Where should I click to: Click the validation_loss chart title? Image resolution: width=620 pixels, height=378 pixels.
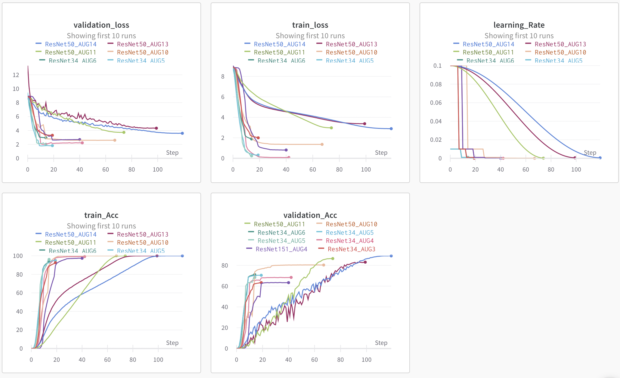pos(101,25)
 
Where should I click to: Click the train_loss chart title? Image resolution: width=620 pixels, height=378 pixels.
pos(310,25)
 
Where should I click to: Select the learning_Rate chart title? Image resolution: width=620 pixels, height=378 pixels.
pos(519,25)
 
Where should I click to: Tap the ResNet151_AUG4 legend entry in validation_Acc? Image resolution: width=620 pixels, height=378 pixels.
pos(281,249)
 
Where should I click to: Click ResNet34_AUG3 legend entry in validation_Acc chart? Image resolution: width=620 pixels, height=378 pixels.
pos(351,249)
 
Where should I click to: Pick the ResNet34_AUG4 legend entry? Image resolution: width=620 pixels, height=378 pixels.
pos(349,241)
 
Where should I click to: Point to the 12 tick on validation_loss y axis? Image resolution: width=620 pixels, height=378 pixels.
pos(16,75)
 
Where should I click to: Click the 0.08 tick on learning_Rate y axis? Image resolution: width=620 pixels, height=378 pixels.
pos(436,84)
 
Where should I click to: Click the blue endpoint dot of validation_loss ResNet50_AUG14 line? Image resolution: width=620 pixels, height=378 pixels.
pos(182,133)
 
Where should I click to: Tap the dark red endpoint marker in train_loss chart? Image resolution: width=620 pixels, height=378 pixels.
pos(364,124)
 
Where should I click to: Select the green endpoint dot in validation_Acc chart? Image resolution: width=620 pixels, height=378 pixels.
pos(333,259)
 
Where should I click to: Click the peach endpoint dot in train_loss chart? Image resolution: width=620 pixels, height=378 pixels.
pos(322,144)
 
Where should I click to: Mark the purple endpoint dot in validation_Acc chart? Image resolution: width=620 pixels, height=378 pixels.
pos(288,283)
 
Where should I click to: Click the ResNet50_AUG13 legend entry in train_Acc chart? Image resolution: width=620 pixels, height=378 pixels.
pos(142,234)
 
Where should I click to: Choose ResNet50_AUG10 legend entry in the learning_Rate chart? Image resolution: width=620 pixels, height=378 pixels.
pos(560,52)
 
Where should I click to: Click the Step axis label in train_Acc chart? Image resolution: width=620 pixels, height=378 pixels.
pos(172,343)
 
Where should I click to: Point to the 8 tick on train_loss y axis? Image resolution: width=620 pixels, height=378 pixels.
pos(223,76)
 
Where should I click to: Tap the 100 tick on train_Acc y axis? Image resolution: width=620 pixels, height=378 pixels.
pos(18,256)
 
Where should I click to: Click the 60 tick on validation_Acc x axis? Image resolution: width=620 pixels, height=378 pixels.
pos(314,360)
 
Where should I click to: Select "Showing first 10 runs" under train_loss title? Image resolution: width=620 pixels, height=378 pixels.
pos(310,36)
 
